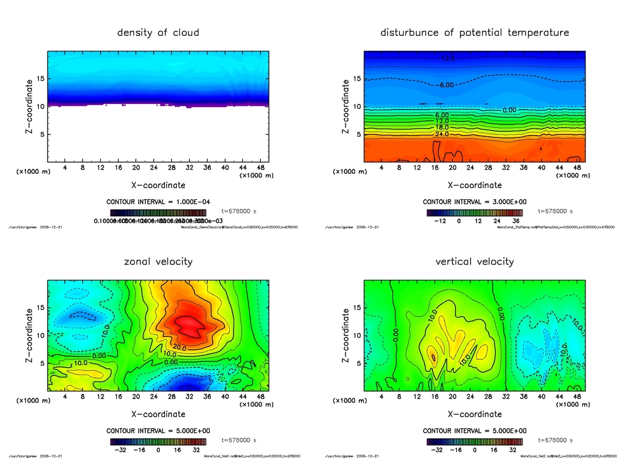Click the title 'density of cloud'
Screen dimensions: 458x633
coord(158,33)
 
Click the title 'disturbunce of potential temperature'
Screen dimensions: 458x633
coord(474,33)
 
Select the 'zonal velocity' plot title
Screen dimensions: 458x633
coord(158,262)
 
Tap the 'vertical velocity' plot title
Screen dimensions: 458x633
coord(474,262)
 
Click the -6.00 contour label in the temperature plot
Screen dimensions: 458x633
coord(447,85)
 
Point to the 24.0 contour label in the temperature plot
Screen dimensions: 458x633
coord(442,134)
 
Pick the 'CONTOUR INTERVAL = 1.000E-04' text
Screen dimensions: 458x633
coord(158,202)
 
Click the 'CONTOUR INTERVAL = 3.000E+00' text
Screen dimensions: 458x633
coord(474,202)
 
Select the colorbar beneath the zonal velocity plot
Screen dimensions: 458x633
coord(158,442)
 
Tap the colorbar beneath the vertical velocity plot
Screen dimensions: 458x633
coord(474,442)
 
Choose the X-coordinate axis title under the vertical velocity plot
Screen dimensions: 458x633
coord(474,414)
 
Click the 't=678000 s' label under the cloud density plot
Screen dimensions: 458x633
coord(239,211)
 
